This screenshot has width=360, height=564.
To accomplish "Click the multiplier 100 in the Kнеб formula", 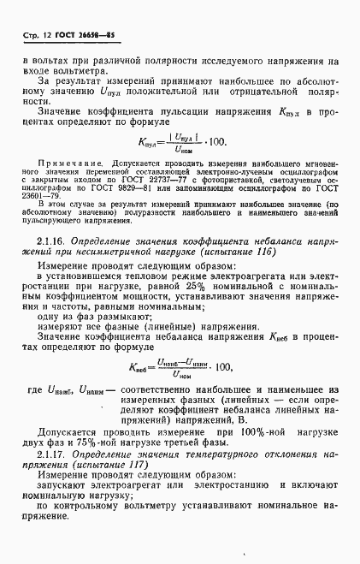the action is click(225, 366).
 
